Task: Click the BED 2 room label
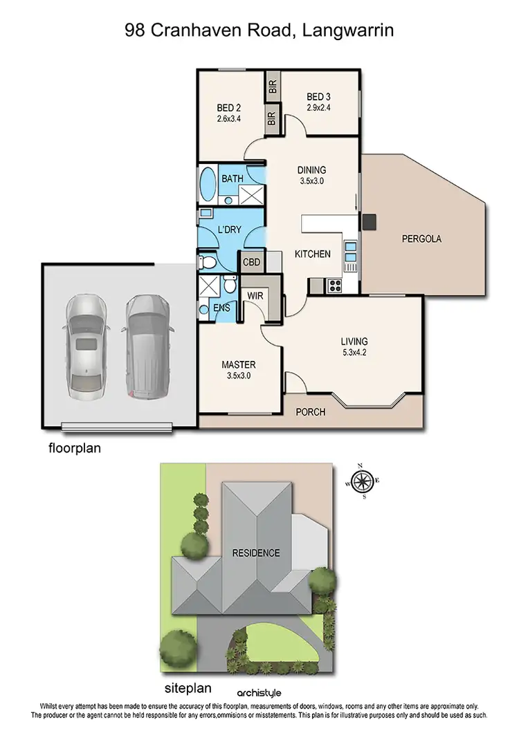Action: (x=228, y=108)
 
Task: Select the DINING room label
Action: (x=311, y=170)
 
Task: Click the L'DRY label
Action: (x=228, y=229)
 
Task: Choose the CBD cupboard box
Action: (x=250, y=261)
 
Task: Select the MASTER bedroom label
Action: (x=239, y=364)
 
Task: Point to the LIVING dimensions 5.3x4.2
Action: (x=354, y=353)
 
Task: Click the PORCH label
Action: (x=311, y=412)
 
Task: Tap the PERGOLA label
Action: (x=421, y=239)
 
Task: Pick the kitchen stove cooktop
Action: (x=336, y=283)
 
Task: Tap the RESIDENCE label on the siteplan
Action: (x=255, y=553)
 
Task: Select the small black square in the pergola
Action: (x=370, y=222)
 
